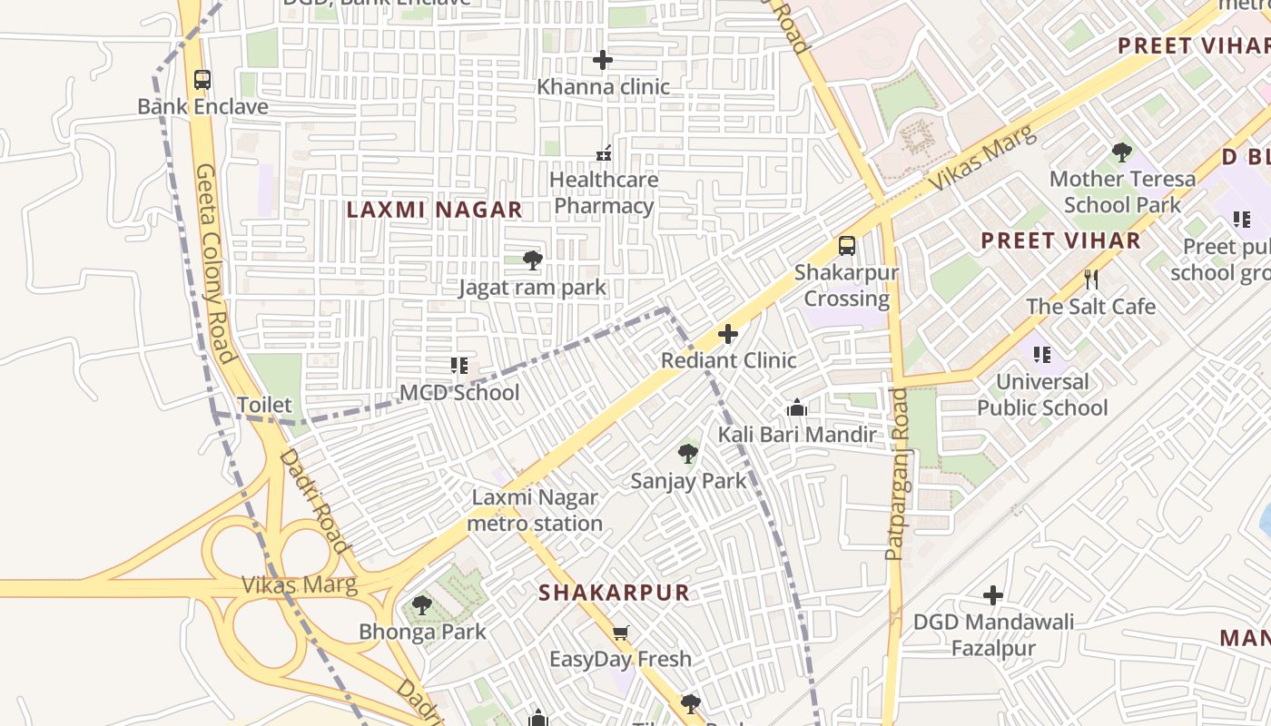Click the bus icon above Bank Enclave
202,80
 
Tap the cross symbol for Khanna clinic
603,60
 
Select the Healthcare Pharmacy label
604,192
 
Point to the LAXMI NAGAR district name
435,210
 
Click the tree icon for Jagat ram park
533,260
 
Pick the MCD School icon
459,366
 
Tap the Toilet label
264,405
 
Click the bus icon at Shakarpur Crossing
846,245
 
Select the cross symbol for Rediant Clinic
728,334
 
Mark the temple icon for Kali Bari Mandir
797,407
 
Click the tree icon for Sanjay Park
688,454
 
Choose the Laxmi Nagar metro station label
535,510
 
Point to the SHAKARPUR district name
614,593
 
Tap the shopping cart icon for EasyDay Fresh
620,633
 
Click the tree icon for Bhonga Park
421,604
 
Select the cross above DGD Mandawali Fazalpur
993,595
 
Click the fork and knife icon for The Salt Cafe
1091,279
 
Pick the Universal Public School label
1042,395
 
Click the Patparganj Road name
896,474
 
